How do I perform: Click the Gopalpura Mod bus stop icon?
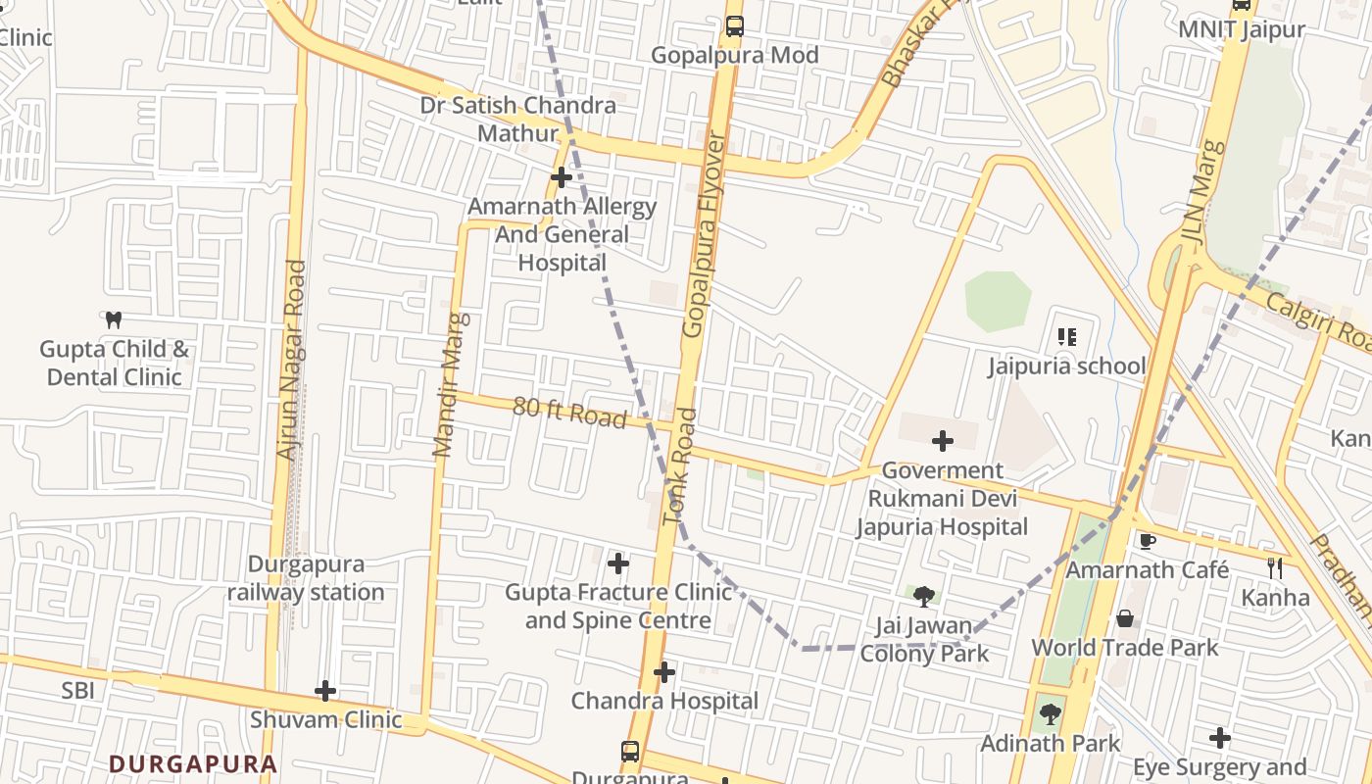(x=734, y=26)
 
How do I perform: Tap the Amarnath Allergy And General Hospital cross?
(x=562, y=177)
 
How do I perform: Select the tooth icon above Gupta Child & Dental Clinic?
(x=114, y=319)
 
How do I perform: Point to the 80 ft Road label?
(x=569, y=413)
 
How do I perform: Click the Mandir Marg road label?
(x=451, y=385)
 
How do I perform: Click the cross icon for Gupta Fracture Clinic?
(x=618, y=563)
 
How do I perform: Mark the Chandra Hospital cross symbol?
(x=664, y=672)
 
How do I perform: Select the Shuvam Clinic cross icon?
(x=325, y=691)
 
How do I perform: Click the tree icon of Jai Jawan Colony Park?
(x=923, y=596)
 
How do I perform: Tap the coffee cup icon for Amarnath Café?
(x=1147, y=541)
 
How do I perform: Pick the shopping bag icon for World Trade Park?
(x=1125, y=619)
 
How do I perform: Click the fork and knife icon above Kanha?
(x=1275, y=567)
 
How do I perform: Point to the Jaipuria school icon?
(x=1067, y=338)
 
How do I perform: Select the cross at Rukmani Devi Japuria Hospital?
(x=943, y=442)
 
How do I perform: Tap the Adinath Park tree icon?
(x=1050, y=713)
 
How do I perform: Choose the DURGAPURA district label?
(x=193, y=763)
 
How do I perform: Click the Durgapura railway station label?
(x=306, y=578)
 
